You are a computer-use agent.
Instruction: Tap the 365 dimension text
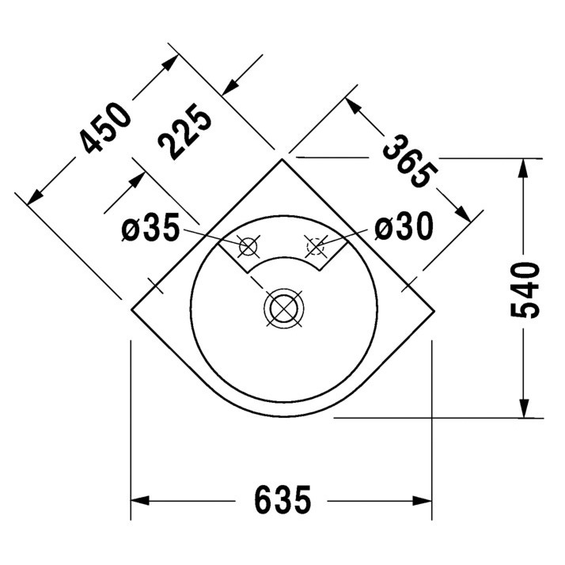click(410, 161)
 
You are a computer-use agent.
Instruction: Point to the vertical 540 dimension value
click(525, 289)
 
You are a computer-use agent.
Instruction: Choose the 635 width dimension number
click(283, 500)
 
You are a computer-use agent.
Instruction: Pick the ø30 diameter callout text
click(404, 229)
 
